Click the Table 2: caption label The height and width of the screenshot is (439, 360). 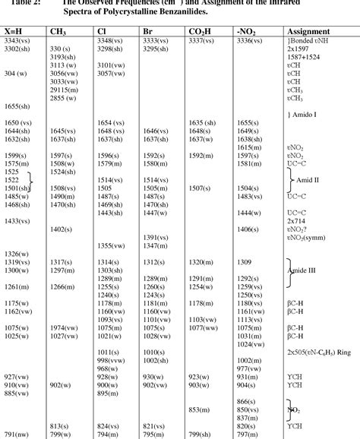click(x=19, y=3)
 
